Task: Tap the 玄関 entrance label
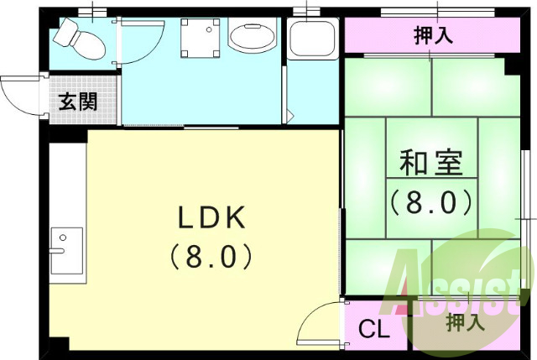tap(78, 102)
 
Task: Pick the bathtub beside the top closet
tap(312, 39)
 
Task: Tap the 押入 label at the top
tap(435, 35)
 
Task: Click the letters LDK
tap(211, 218)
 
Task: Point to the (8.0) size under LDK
tap(211, 254)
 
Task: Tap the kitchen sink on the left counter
tap(65, 250)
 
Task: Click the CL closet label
tap(374, 330)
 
